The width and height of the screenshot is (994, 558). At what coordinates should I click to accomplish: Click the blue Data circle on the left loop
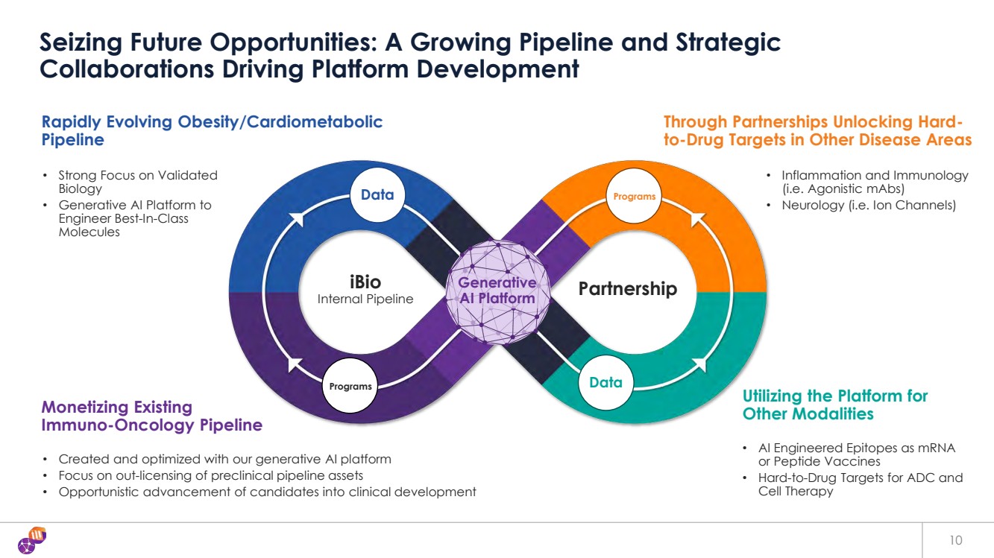(x=377, y=195)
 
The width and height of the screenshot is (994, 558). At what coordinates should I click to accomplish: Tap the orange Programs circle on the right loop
(x=635, y=197)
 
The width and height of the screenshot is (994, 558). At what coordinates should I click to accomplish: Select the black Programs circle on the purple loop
(x=350, y=386)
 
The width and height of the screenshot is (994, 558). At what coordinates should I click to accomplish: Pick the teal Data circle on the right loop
(x=605, y=383)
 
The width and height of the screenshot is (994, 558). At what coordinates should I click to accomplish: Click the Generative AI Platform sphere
(x=497, y=291)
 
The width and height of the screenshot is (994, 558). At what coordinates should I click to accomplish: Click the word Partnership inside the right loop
(x=628, y=288)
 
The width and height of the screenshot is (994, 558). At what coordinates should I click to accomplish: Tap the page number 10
(x=956, y=540)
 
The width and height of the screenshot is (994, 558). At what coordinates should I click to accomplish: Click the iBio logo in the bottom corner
(x=30, y=540)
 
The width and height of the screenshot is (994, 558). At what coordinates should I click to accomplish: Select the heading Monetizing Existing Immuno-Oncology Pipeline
(x=151, y=416)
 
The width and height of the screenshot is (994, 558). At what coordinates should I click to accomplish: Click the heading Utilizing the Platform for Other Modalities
(x=834, y=404)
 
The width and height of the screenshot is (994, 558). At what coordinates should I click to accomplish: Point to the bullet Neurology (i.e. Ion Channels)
(x=868, y=204)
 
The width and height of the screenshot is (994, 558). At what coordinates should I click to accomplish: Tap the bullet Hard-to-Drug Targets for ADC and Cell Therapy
(x=860, y=484)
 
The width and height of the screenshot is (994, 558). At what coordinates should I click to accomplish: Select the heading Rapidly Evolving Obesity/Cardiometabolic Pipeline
(x=212, y=130)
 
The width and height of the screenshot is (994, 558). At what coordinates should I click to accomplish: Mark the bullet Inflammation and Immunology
(x=874, y=182)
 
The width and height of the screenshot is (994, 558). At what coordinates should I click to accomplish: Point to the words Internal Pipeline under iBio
(x=365, y=299)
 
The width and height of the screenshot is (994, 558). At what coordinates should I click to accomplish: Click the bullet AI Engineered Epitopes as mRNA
(x=856, y=454)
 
